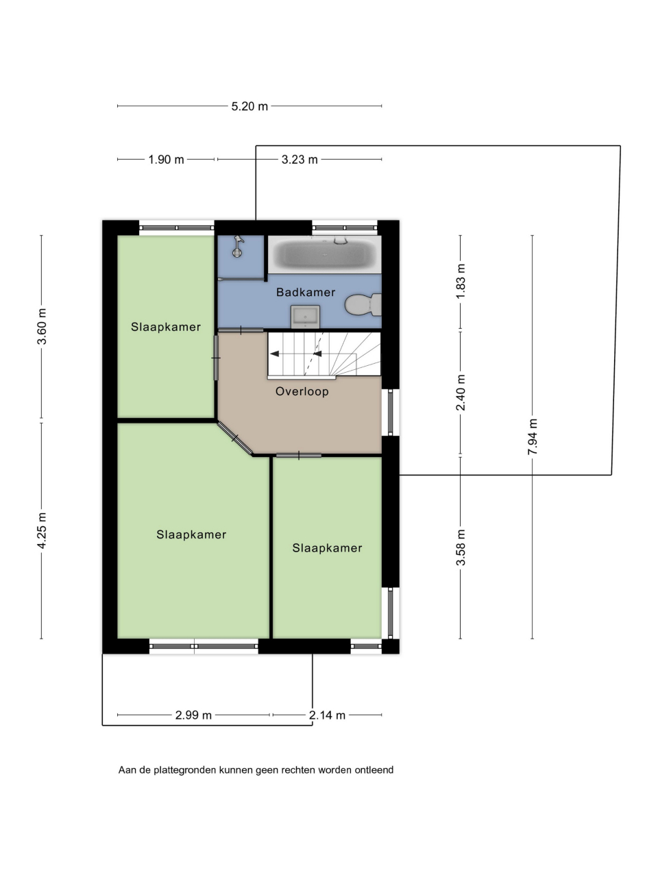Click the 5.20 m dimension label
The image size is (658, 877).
click(249, 106)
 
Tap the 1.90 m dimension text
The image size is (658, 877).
click(166, 160)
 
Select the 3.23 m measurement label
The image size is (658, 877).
click(300, 160)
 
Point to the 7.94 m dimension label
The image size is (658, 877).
click(532, 436)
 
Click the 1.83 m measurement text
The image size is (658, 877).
click(461, 281)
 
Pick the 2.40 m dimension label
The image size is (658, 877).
click(461, 393)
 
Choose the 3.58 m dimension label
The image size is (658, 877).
click(461, 547)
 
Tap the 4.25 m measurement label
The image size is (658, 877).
click(42, 530)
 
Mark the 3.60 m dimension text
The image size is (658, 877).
click(42, 326)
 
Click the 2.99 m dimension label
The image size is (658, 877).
click(193, 715)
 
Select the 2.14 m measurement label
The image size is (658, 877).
click(327, 715)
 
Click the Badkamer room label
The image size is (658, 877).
click(306, 292)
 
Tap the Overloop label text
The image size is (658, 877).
click(302, 391)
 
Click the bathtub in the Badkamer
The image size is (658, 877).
click(324, 254)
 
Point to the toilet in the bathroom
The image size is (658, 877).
click(363, 305)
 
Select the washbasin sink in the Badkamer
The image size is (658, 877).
click(305, 317)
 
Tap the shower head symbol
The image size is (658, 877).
click(239, 246)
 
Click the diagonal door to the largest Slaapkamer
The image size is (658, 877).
click(235, 438)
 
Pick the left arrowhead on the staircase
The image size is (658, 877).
click(274, 354)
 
